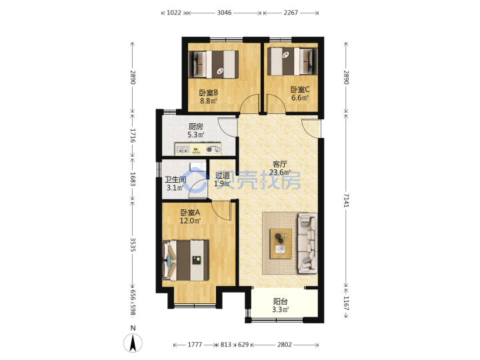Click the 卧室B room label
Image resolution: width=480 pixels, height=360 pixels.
209,93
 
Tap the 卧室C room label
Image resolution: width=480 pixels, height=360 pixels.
300,89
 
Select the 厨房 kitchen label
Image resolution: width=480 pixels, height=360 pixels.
196,127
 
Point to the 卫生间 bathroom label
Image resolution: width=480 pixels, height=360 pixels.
175,179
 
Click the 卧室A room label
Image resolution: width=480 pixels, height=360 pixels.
190,212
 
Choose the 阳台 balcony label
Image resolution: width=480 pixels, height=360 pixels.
281,301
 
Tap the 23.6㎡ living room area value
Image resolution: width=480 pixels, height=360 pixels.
280,173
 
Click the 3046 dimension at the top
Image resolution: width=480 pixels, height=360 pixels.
225,13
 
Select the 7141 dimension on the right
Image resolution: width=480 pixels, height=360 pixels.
346,200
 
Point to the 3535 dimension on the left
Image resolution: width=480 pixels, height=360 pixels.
133,245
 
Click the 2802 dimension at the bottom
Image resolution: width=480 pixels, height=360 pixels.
285,345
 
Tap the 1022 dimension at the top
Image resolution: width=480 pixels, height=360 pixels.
174,13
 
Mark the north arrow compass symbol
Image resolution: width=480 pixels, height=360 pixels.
133,343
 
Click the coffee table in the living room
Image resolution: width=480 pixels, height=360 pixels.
281,244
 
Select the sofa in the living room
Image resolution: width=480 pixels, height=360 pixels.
307,243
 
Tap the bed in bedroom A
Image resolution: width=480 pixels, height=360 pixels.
186,260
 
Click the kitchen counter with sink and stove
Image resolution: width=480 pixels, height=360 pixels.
198,149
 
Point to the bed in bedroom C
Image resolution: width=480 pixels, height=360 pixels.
293,61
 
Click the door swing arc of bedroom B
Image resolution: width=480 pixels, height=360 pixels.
249,103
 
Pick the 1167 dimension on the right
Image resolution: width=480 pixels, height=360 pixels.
346,303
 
